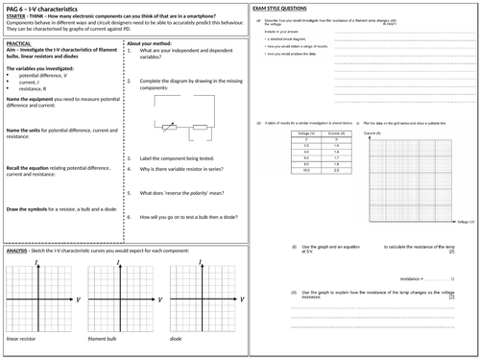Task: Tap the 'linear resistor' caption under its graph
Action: [25, 339]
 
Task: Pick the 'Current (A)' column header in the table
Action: [331, 132]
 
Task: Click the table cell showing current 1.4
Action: [331, 151]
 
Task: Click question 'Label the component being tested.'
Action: [182, 156]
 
